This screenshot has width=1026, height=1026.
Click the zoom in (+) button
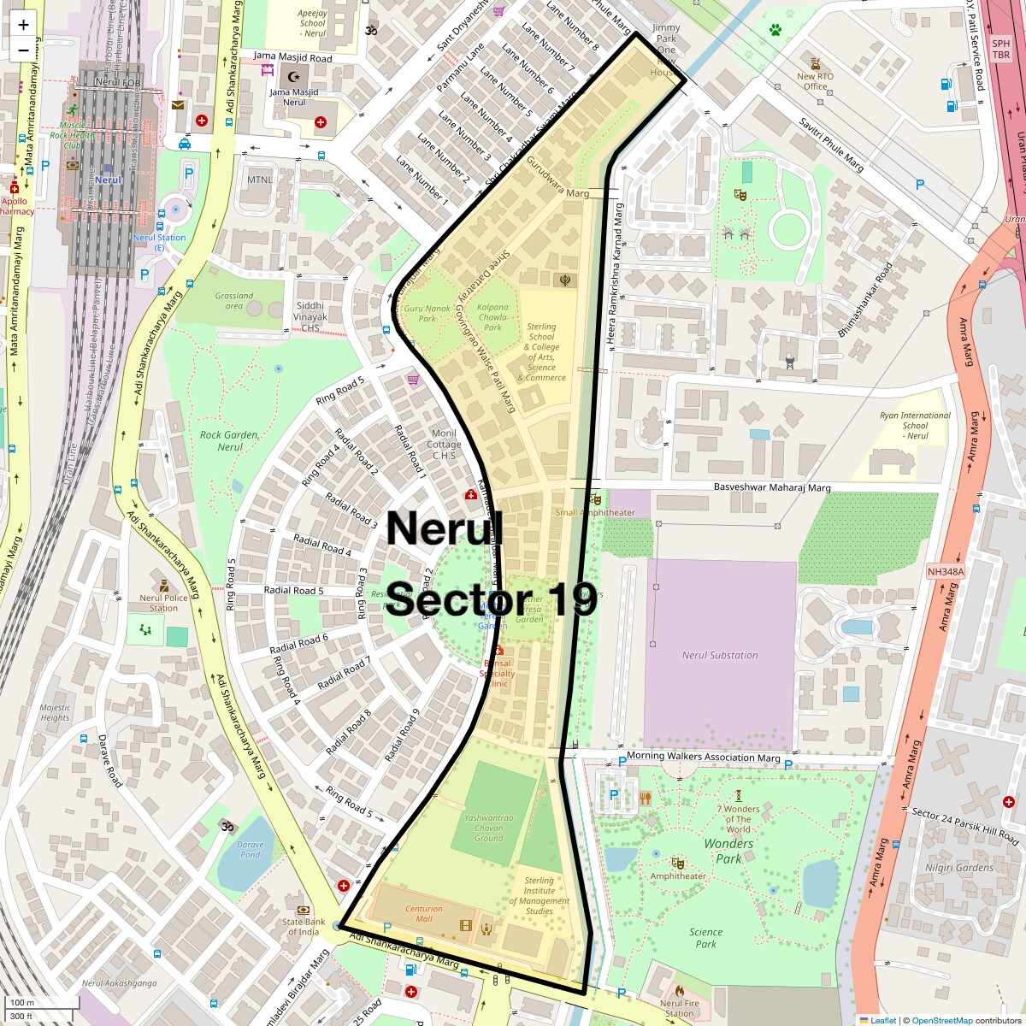coord(23,25)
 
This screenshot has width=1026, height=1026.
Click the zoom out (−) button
coord(23,50)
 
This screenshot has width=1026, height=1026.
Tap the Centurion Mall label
coord(424,913)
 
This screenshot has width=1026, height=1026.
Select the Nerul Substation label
coord(720,655)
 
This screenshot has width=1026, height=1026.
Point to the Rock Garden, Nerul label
coord(230,440)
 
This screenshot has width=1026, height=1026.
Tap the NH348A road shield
coord(945,571)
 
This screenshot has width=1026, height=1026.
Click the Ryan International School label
coord(915,425)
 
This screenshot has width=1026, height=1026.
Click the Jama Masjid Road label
coord(292,57)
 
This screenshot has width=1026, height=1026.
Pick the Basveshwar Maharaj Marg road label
coord(772,488)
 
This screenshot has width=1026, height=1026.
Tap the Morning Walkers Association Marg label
coord(703,758)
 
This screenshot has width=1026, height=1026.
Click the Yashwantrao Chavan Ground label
coord(489,828)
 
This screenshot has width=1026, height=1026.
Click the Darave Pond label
coord(251,849)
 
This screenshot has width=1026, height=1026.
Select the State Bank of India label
coord(304,926)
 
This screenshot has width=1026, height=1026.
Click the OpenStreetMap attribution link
coord(941,1020)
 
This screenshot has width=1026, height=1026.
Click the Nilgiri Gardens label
coord(959,867)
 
